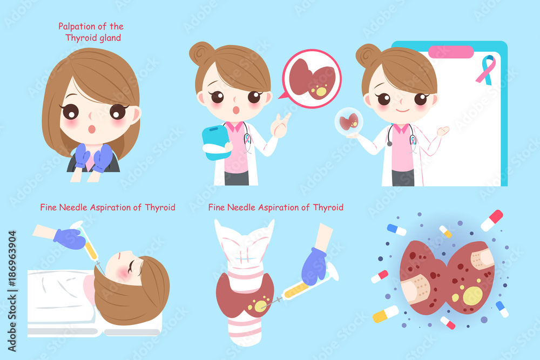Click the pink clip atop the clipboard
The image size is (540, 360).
pyautogui.click(x=451, y=52)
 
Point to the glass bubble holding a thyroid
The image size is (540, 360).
pyautogui.click(x=349, y=121)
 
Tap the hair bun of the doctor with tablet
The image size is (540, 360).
pyautogui.click(x=201, y=53)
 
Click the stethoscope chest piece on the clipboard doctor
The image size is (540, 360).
pyautogui.click(x=389, y=143)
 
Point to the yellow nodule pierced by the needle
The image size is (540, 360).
pyautogui.click(x=259, y=306)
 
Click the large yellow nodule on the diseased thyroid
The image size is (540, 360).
pyautogui.click(x=473, y=296)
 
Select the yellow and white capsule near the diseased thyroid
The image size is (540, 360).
pyautogui.click(x=386, y=314)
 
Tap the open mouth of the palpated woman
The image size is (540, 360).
pyautogui.click(x=92, y=129)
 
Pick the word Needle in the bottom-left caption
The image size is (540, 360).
pyautogui.click(x=73, y=207)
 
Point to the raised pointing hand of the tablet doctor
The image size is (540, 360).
pyautogui.click(x=281, y=126)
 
